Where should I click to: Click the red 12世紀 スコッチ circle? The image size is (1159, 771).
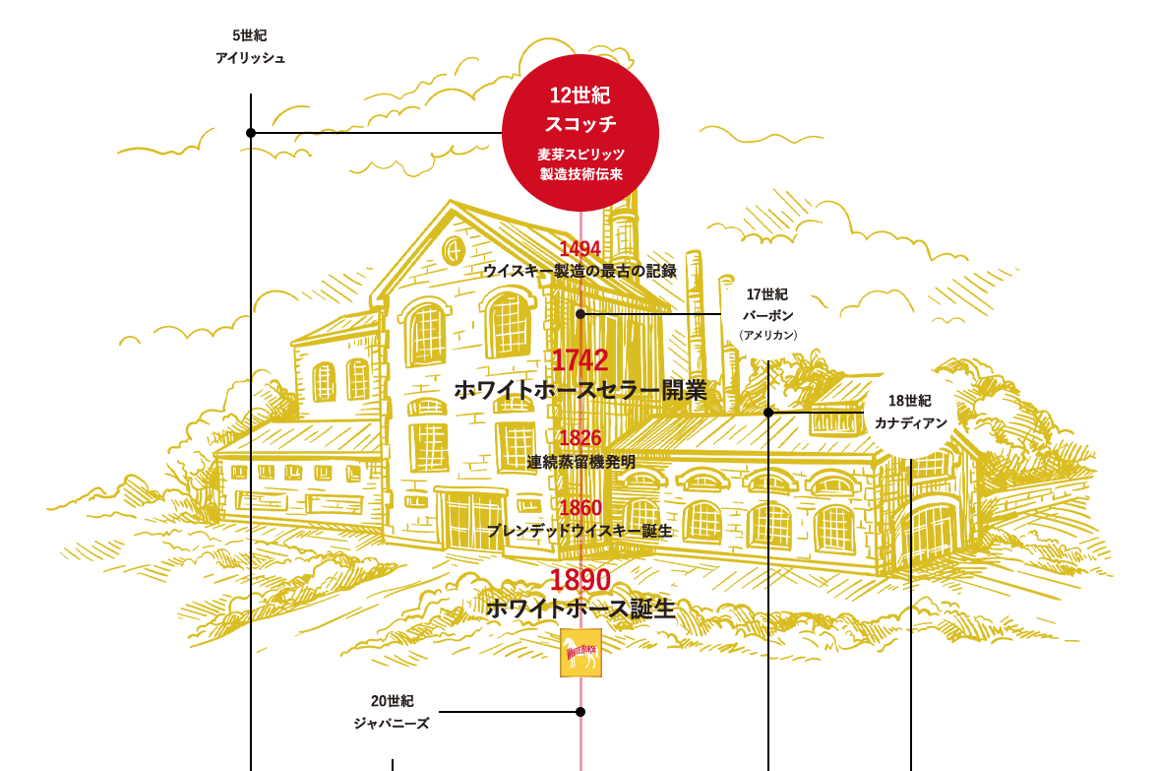point(580,132)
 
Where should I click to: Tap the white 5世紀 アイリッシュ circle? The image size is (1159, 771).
point(250,46)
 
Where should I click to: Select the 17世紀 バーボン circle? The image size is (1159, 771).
point(767,313)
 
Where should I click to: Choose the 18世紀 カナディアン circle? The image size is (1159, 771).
point(910,412)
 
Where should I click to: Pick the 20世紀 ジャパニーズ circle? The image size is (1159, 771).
point(392,712)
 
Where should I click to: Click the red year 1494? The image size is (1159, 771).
point(580,247)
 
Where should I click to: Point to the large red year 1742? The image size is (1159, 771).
point(580,360)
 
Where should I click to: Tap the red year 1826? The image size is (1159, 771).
point(580,438)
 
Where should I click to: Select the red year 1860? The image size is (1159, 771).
point(580,508)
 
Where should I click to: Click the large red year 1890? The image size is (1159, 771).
point(580,580)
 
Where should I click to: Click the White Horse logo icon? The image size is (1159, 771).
point(580,653)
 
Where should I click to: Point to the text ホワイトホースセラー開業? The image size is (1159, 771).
point(580,390)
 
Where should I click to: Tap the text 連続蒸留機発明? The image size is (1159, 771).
point(580,461)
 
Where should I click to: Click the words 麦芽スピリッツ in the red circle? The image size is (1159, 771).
point(580,155)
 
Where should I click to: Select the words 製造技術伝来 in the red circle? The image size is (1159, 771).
point(580,174)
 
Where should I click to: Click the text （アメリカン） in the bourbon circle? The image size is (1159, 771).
point(767,335)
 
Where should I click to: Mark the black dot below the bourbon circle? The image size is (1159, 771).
point(767,412)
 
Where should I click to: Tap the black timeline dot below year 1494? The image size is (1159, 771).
point(580,313)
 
